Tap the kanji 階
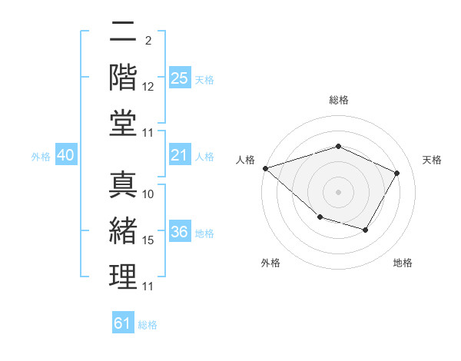pyautogui.click(x=123, y=78)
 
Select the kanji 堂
pyautogui.click(x=123, y=123)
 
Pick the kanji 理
pyautogui.click(x=123, y=277)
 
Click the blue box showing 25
pyautogui.click(x=180, y=78)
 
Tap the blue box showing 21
pyautogui.click(x=180, y=156)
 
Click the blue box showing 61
pyautogui.click(x=123, y=323)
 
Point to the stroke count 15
pyautogui.click(x=148, y=240)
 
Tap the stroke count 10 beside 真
pyautogui.click(x=148, y=194)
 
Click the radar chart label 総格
pyautogui.click(x=338, y=100)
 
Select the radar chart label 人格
pyautogui.click(x=246, y=160)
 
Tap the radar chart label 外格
pyautogui.click(x=270, y=263)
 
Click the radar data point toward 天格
pyautogui.click(x=397, y=173)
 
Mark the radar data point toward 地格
pyautogui.click(x=366, y=230)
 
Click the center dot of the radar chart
pyautogui.click(x=338, y=191)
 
